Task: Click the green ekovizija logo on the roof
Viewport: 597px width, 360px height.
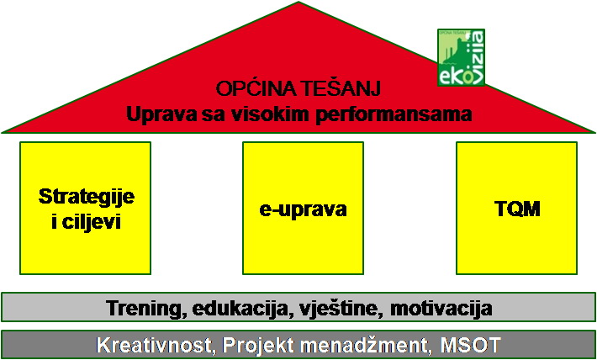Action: [x=461, y=57]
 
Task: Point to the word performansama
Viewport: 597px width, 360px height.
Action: [x=394, y=114]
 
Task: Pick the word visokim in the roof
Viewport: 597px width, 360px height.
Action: [x=272, y=114]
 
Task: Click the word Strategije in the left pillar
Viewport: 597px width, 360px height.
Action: [x=86, y=197]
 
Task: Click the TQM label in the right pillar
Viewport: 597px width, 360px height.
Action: [x=516, y=209]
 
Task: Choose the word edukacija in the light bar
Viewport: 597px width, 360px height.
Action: [x=240, y=308]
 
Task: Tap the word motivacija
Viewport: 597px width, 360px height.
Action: [x=441, y=308]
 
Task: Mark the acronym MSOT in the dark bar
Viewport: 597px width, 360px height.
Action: [x=469, y=345]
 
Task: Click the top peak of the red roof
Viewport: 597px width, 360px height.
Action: [x=298, y=2]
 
